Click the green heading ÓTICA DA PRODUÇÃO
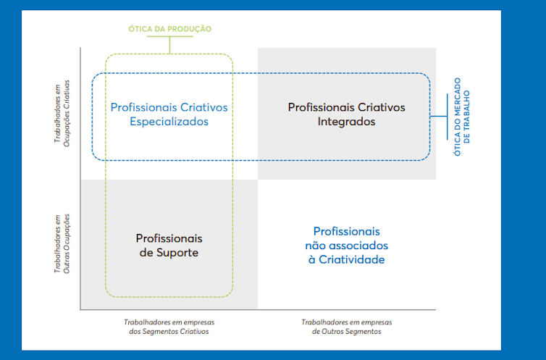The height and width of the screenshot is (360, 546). coord(170,28)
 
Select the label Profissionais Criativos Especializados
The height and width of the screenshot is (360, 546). coord(169,114)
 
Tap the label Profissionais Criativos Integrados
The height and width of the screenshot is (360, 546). coord(346,114)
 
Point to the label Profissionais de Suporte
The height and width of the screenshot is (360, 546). coord(169,246)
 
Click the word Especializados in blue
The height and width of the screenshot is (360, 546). coord(169,122)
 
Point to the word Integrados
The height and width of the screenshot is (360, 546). coord(346,122)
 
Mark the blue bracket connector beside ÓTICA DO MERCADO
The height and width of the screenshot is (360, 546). coord(440,116)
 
